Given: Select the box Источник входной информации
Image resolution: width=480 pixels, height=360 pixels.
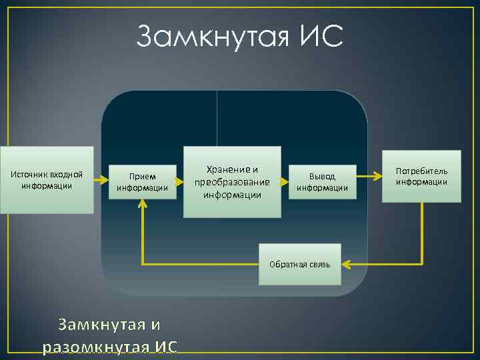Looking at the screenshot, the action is (x=47, y=180).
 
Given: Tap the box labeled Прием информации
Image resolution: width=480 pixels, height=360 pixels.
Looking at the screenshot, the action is (x=142, y=181).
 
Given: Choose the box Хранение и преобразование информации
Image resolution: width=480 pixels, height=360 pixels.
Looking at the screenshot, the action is (x=232, y=181).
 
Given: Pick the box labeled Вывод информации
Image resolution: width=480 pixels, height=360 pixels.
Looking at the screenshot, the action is (x=322, y=181).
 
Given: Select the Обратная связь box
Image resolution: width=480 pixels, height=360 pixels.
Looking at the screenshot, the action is (x=299, y=265).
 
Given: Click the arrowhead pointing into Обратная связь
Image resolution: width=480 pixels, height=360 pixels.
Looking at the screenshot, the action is (x=346, y=265).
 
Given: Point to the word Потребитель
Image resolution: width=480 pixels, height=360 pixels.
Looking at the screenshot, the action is (x=421, y=171).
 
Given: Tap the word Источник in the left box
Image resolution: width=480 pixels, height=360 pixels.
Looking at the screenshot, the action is (x=31, y=175).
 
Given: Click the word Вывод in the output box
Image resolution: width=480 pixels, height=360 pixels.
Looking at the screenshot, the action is (x=322, y=176).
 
